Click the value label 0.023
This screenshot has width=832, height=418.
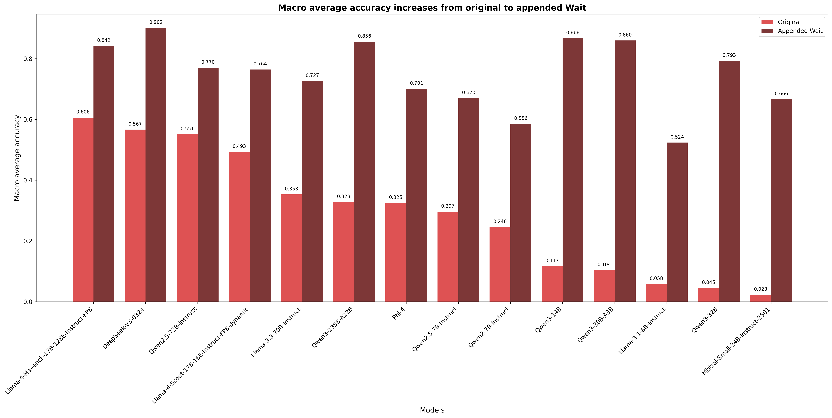pyautogui.click(x=760, y=289)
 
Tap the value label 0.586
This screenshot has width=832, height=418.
pyautogui.click(x=521, y=118)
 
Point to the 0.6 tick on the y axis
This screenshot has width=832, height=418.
pyautogui.click(x=28, y=120)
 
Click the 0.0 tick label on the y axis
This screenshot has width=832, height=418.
pyautogui.click(x=28, y=302)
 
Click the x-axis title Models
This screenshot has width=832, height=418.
pyautogui.click(x=432, y=410)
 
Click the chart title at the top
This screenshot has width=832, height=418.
pyautogui.click(x=432, y=8)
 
